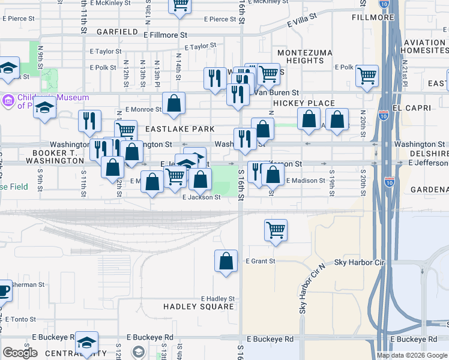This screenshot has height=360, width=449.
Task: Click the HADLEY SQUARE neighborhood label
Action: pyautogui.click(x=199, y=307)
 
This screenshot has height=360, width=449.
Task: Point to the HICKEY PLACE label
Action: pyautogui.click(x=304, y=103)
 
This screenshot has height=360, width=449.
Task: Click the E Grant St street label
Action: pyautogui.click(x=261, y=261)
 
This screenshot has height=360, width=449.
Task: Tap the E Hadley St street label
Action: pyautogui.click(x=217, y=298)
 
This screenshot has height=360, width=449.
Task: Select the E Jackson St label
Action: pyautogui.click(x=202, y=197)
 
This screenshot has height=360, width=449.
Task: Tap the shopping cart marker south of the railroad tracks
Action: pyautogui.click(x=276, y=229)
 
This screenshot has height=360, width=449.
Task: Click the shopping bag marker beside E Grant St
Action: pyautogui.click(x=226, y=260)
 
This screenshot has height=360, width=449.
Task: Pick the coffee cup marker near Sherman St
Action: pyautogui.click(x=4, y=291)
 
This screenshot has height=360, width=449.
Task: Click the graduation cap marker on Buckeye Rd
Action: pyautogui.click(x=87, y=343)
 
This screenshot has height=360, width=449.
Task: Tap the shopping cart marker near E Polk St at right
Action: pyautogui.click(x=367, y=76)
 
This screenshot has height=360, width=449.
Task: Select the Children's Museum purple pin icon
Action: pyautogui.click(x=9, y=98)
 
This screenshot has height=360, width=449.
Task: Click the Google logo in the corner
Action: pyautogui.click(x=20, y=353)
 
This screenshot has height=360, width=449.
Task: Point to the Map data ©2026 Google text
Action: pyautogui.click(x=411, y=355)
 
